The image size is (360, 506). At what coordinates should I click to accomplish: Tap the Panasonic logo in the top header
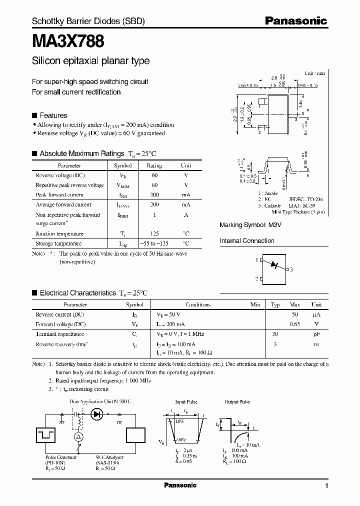coord(295,20)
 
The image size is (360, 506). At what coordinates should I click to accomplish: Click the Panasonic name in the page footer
coord(180,485)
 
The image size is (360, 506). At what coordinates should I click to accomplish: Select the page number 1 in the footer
coord(326,486)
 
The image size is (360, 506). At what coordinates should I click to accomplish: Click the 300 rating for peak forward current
coord(154,194)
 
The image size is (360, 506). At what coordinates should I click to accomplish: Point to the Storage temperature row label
coord(58,243)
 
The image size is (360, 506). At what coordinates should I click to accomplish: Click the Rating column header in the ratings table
coord(154,165)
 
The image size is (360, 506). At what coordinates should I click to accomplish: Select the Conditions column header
coord(198,304)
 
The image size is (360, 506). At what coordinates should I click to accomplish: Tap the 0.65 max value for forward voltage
coord(294,324)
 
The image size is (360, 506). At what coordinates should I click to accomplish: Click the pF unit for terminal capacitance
coord(316,334)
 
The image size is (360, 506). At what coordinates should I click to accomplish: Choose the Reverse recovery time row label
coord(62,344)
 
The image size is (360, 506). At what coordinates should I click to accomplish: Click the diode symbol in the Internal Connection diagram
coord(273,264)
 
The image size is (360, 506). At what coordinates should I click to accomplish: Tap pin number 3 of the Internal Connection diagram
coord(290,269)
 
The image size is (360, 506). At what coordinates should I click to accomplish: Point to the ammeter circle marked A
coord(77,437)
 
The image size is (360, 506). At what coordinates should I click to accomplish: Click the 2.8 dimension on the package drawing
coord(274,78)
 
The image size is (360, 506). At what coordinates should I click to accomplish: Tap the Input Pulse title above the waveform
coord(186,401)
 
